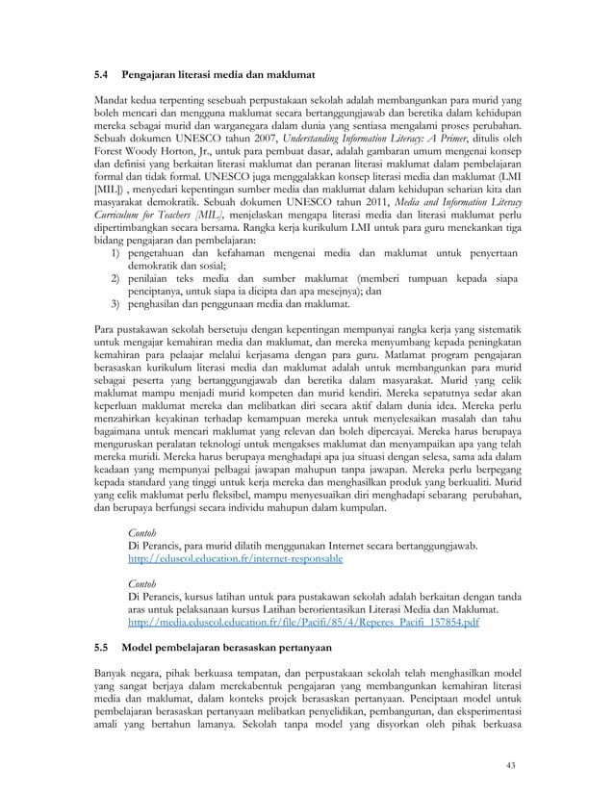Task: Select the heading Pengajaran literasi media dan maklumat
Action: click(x=219, y=74)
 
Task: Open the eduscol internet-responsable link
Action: click(x=235, y=558)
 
